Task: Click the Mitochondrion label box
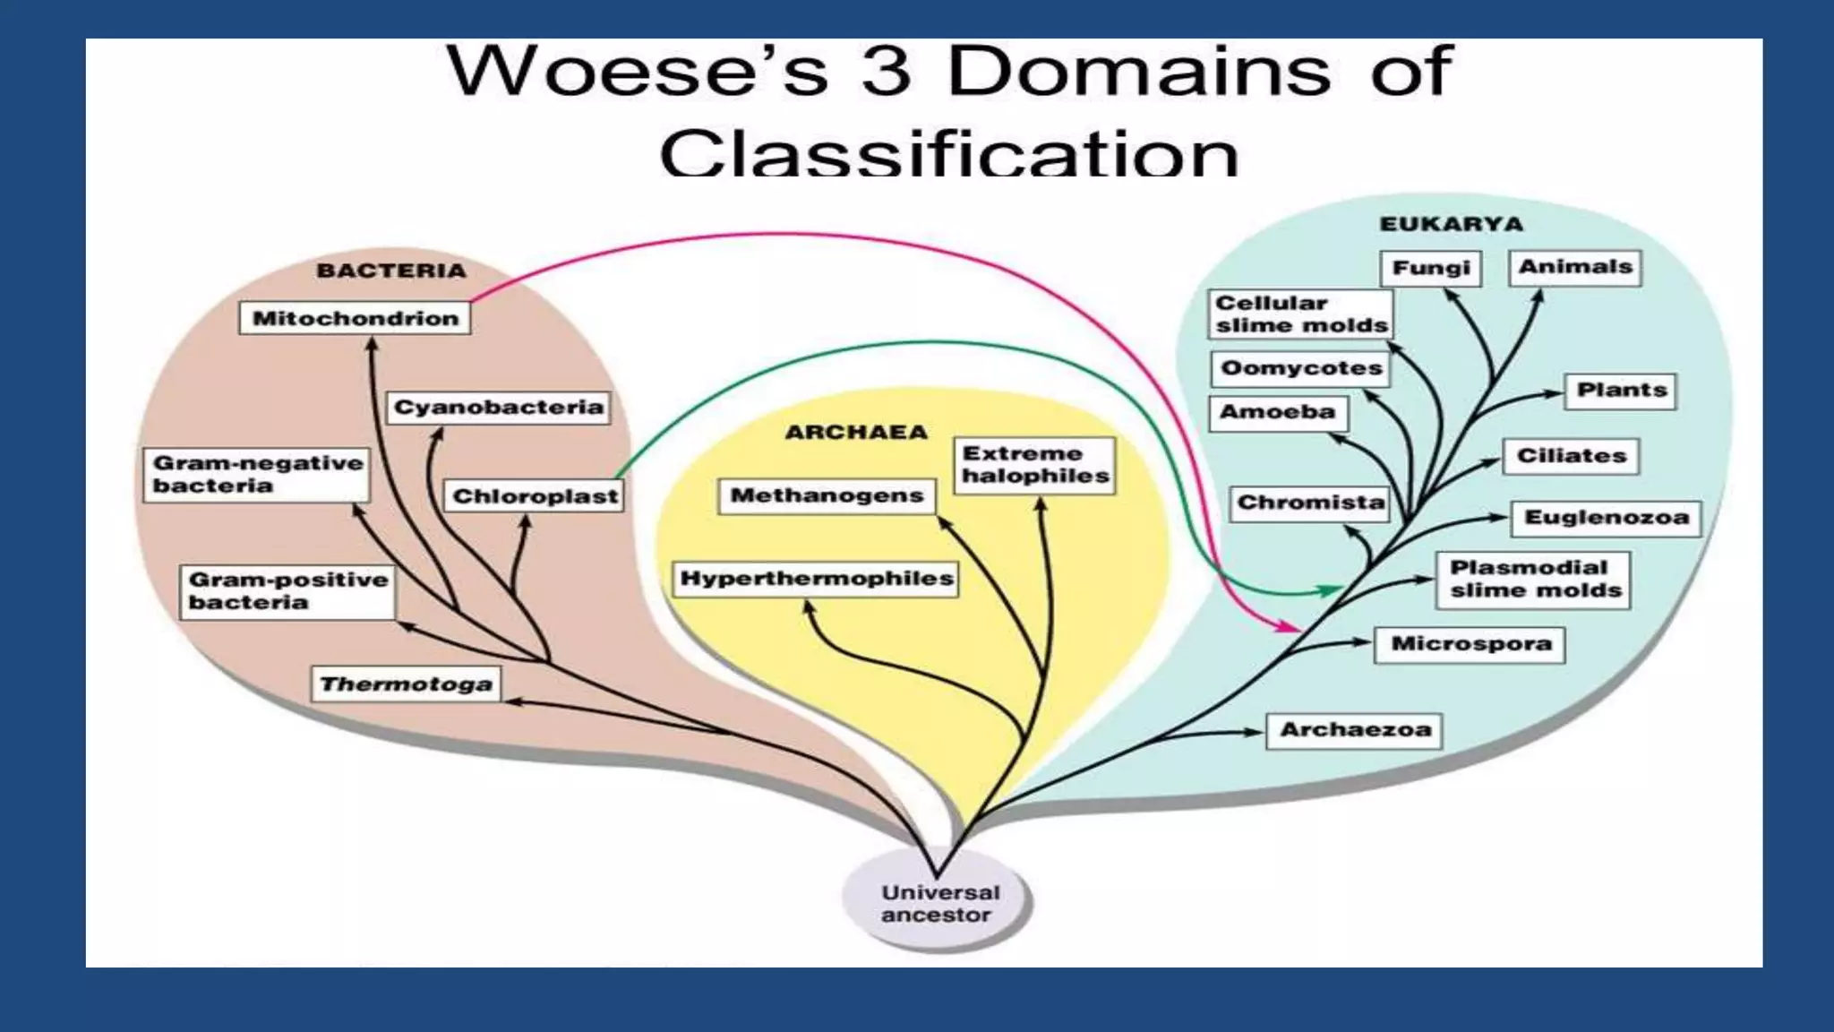(x=355, y=318)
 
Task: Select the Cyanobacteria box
(x=499, y=408)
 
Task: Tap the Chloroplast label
(x=535, y=496)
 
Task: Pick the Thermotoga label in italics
(x=406, y=684)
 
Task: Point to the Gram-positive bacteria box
(x=287, y=591)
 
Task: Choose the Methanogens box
(x=827, y=495)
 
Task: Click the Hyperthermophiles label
(x=816, y=578)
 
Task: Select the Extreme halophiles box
(x=1035, y=465)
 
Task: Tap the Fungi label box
(x=1431, y=268)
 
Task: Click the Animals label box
(x=1575, y=267)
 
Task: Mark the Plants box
(x=1621, y=391)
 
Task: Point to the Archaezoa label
(x=1355, y=730)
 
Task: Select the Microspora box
(x=1470, y=644)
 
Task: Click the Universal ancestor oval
(x=937, y=904)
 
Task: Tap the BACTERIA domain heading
(x=391, y=271)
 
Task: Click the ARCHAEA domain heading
(x=856, y=433)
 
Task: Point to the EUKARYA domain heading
(x=1451, y=224)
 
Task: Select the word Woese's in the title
(x=637, y=72)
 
